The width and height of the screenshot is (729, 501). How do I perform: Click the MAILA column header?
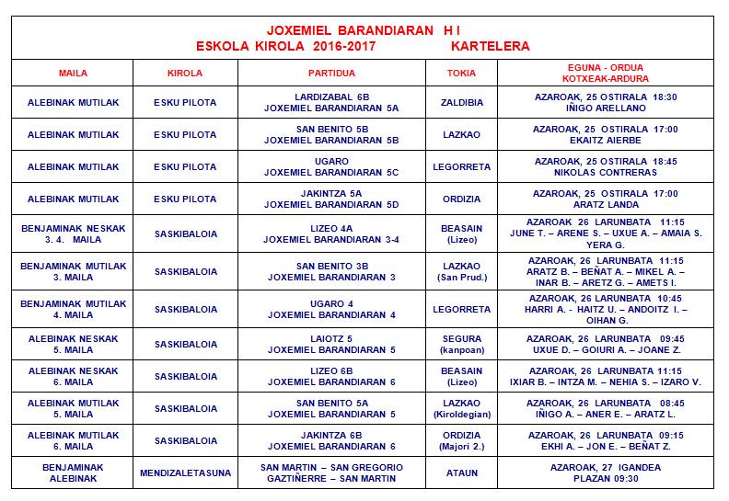pyautogui.click(x=72, y=73)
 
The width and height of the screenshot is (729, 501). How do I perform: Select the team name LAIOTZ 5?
pyautogui.click(x=330, y=338)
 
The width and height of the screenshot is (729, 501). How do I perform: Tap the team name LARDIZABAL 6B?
pyautogui.click(x=330, y=96)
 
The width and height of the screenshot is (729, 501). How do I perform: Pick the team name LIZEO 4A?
pyautogui.click(x=330, y=228)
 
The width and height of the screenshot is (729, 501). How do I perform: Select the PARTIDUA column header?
pyautogui.click(x=330, y=73)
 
